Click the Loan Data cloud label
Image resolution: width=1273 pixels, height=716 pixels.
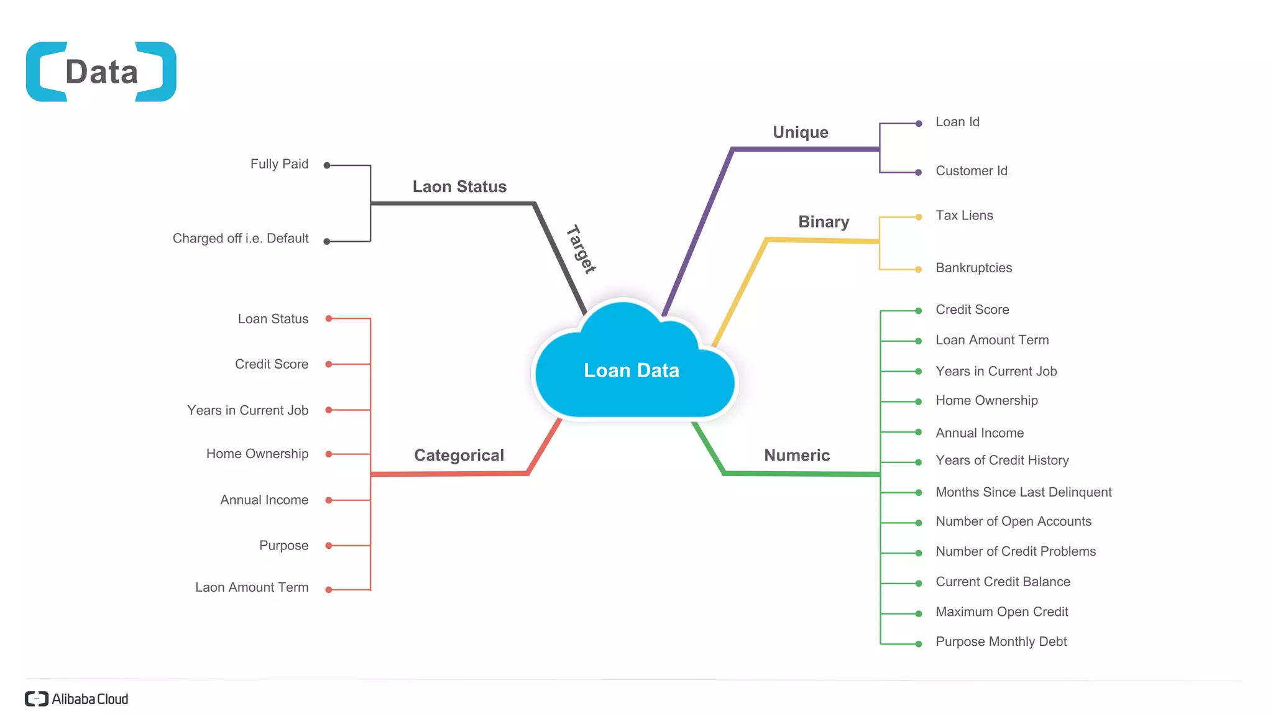631,370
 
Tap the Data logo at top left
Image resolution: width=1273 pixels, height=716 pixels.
101,72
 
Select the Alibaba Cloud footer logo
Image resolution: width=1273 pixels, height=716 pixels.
76,699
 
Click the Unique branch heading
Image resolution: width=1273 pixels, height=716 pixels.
800,132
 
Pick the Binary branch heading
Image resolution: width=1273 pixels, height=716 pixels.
823,222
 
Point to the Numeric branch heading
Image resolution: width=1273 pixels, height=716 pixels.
796,456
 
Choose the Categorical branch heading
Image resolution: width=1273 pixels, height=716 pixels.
459,456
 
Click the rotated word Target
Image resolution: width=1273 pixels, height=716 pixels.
581,249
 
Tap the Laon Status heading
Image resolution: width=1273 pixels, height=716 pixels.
459,187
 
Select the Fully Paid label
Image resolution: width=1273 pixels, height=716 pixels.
279,164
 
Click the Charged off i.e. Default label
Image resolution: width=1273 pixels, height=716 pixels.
241,239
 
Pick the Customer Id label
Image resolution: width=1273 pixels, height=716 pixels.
971,171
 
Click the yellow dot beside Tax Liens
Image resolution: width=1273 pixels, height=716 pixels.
918,217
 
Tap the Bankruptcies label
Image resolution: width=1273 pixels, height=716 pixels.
973,268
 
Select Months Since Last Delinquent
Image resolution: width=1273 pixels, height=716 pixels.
1023,492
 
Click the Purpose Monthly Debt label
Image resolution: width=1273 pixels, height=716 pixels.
1001,641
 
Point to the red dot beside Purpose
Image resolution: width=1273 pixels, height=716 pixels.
329,546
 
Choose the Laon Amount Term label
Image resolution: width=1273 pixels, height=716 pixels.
252,587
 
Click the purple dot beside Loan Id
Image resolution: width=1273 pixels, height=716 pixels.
918,124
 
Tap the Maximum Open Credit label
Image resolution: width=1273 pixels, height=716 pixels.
1001,612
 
